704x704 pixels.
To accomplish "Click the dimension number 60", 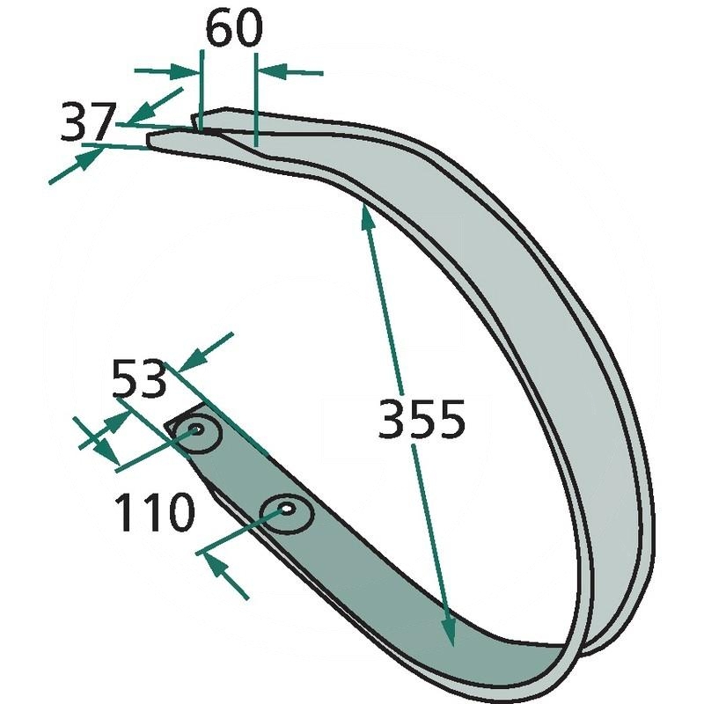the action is [x=233, y=28].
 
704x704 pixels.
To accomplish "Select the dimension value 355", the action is [x=422, y=419].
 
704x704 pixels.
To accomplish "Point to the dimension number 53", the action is [x=139, y=378].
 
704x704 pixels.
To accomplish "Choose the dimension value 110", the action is [x=155, y=512].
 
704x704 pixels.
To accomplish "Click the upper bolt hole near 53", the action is [x=196, y=429].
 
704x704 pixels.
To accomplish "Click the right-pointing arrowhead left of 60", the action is [x=187, y=71].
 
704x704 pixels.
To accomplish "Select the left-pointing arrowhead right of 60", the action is [x=272, y=71].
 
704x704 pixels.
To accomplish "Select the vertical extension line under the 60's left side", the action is [x=202, y=90].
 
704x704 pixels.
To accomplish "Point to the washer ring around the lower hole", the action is [x=287, y=515].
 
